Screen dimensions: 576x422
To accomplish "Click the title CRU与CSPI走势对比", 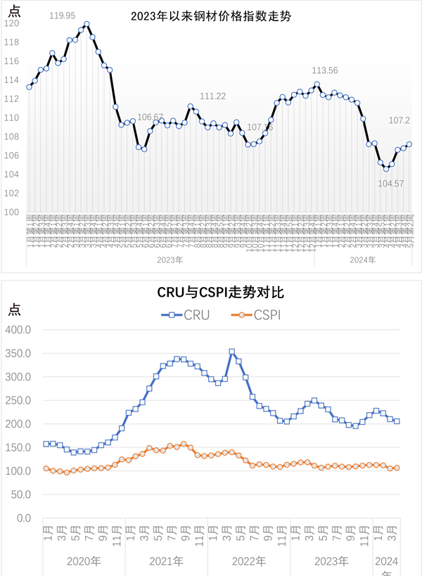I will click(x=211, y=290).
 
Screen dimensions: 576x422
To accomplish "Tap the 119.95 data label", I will click(x=63, y=15).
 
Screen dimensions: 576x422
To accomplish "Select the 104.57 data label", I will click(x=391, y=183).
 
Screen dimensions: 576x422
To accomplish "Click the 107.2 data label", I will click(x=399, y=120).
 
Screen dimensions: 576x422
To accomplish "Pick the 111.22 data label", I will click(x=212, y=96).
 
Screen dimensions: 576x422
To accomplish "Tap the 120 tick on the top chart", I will click(x=11, y=23).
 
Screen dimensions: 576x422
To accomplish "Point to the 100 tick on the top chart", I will click(x=11, y=212).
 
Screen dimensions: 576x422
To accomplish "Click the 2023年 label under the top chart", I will click(x=170, y=260).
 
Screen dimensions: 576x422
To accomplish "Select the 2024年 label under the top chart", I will click(x=363, y=260).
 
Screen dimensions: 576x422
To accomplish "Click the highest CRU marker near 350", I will click(x=232, y=352).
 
